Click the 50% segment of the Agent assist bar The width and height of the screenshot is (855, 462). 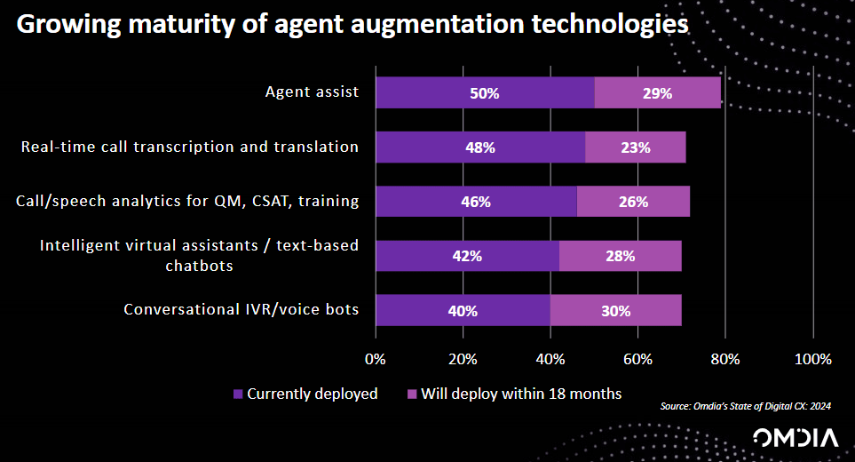point(485,92)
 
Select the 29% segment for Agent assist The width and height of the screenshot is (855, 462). point(657,92)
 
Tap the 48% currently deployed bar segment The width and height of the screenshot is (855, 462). point(480,147)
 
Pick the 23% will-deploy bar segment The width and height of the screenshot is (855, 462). point(636,147)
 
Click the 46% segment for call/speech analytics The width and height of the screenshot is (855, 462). point(476,202)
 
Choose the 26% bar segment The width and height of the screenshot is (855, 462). point(633,202)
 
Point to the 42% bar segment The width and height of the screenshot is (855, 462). point(467,256)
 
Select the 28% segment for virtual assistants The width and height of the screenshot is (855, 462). point(621,256)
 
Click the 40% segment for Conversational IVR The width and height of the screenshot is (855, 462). point(463,311)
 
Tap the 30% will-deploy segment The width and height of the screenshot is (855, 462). point(616,311)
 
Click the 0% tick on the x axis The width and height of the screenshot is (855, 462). point(376,360)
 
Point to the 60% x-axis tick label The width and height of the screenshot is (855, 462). point(638,360)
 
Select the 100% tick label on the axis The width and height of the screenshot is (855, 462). point(812,360)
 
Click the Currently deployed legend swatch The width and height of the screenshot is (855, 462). point(238,394)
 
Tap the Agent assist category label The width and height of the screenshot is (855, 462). point(312,92)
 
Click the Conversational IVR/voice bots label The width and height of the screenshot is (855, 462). point(241,310)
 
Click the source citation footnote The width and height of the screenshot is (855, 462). point(746,407)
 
